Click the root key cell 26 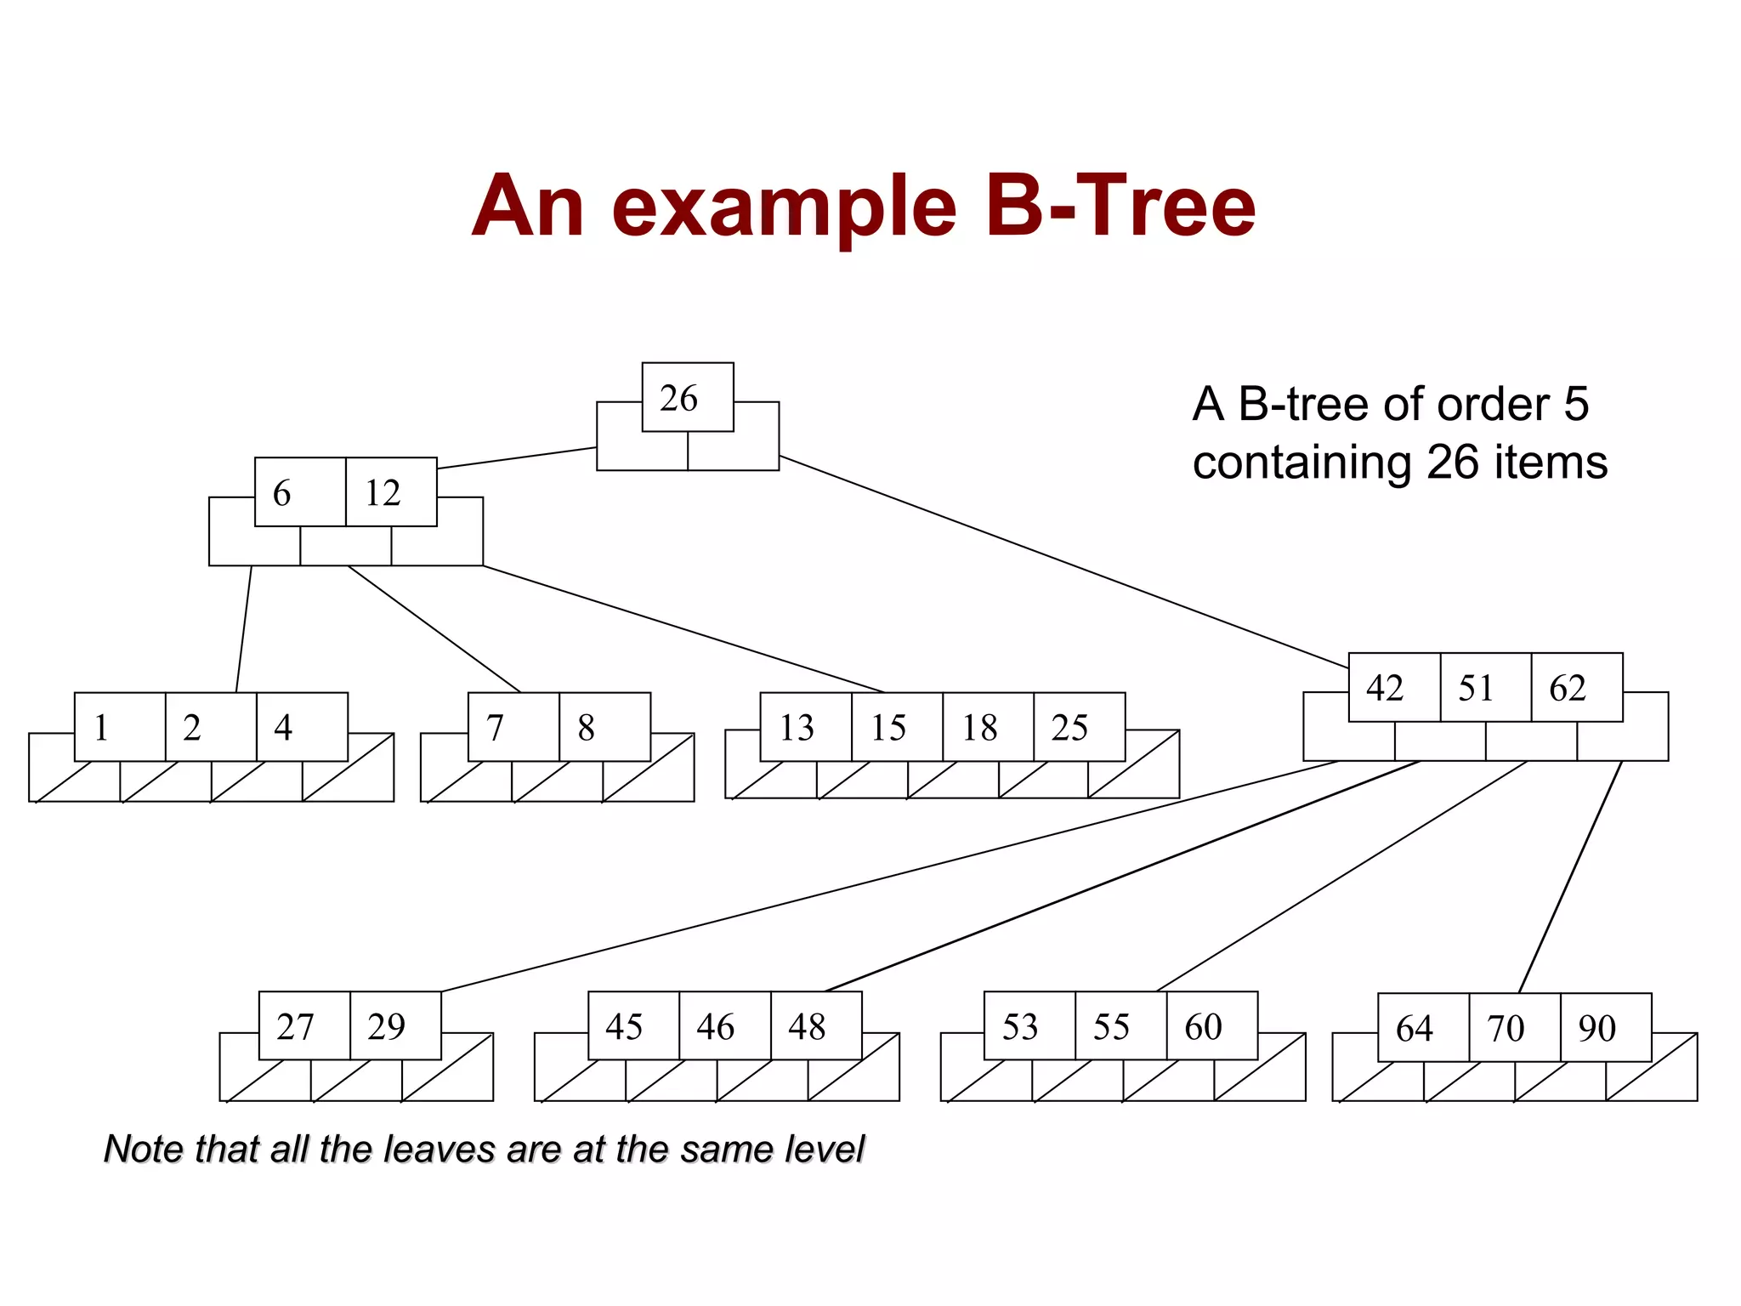coord(687,397)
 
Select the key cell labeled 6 coord(299,492)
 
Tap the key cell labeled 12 coord(391,492)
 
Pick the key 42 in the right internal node coord(1393,687)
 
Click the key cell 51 coord(1485,687)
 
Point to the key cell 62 coord(1576,687)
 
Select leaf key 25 coord(1078,727)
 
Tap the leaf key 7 coord(513,727)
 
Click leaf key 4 coord(301,727)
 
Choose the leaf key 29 coord(395,1025)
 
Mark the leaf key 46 coord(724,1025)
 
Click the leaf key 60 coord(1211,1025)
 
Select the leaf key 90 coord(1605,1027)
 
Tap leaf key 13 coord(805,727)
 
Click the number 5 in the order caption coord(1575,404)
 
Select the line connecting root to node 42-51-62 coord(1063,561)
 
